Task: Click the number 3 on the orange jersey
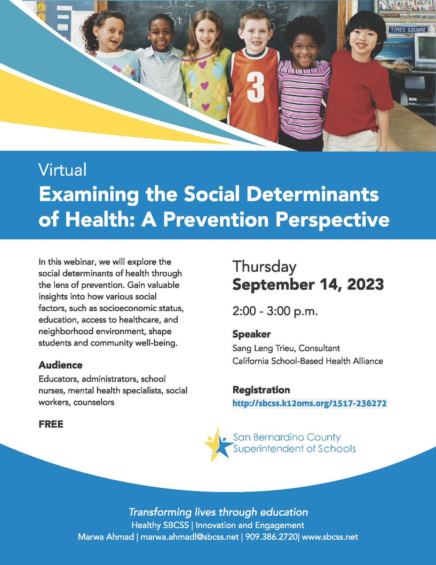(255, 89)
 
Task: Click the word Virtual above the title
(63, 169)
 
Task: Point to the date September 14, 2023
(308, 284)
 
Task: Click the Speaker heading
(252, 334)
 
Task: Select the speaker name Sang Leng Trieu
(272, 348)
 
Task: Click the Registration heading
(261, 390)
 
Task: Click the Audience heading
(60, 365)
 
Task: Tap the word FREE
(51, 424)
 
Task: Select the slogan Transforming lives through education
(218, 512)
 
